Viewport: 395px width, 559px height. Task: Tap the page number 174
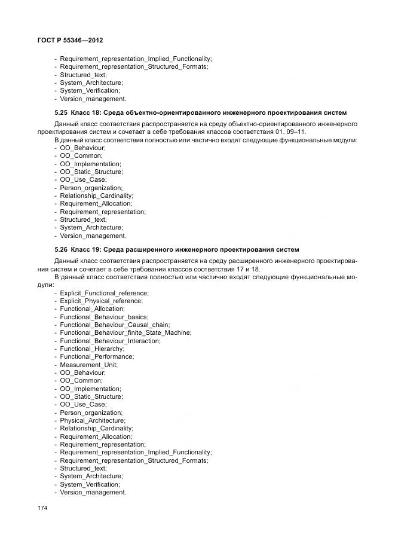42,508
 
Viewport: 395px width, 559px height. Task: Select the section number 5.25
62,113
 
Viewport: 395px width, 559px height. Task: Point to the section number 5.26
62,249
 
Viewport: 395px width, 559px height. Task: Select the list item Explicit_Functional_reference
104,293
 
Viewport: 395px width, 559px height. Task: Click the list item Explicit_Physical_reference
101,301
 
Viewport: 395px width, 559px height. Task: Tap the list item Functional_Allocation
92,308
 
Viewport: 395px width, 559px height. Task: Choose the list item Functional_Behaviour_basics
104,317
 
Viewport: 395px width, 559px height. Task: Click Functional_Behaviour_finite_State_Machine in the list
125,332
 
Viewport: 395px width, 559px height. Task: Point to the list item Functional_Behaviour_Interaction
110,341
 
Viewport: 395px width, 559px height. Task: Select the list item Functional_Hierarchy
92,349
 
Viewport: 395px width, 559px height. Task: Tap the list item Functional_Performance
97,356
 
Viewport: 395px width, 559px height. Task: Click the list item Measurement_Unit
88,365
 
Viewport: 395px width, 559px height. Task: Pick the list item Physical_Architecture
92,420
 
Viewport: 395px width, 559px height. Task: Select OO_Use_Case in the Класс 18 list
83,179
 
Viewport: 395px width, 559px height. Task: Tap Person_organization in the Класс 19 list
91,413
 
